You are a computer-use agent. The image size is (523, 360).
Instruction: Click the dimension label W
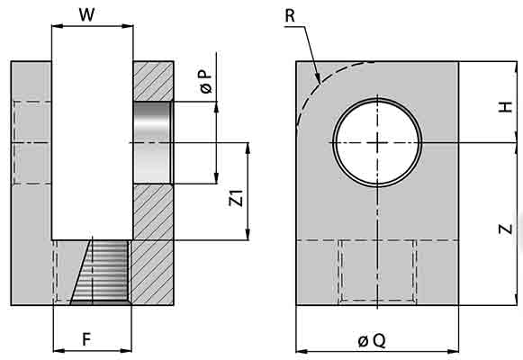86,14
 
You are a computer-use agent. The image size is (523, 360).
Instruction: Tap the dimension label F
86,339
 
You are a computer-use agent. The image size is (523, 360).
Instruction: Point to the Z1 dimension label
237,199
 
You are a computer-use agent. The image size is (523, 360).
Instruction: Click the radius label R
290,15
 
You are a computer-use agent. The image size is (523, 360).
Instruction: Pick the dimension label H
506,106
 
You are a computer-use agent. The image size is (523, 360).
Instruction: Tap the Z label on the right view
506,229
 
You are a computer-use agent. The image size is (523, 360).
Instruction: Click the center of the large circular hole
377,143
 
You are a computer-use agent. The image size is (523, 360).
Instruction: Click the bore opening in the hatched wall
152,142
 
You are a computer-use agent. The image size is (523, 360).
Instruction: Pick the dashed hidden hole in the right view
377,272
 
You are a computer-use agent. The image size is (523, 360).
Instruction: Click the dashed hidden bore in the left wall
32,142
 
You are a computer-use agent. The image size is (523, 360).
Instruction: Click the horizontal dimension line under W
92,26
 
